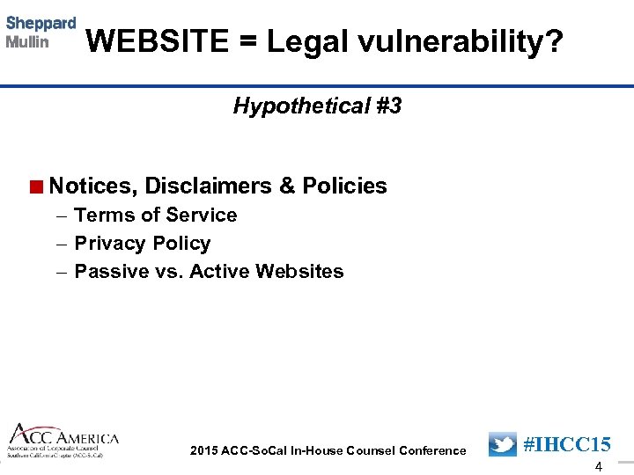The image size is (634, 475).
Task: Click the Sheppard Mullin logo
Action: coord(41,33)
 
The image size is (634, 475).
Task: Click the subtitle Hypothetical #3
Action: coord(317,106)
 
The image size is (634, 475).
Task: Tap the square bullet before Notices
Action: coord(35,186)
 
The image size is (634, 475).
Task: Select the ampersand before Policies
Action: coord(287,186)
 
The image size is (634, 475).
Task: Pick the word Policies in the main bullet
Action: coord(344,186)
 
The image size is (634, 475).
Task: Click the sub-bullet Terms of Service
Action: coord(156,215)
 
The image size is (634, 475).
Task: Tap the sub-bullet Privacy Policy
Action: coord(143,243)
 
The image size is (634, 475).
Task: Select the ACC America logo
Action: coord(63,441)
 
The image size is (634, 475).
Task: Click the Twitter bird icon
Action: coord(503,444)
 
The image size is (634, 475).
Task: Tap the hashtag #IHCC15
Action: coord(567,444)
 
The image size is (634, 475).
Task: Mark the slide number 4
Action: coord(599,467)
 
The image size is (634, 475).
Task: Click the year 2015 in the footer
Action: coord(204,450)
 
